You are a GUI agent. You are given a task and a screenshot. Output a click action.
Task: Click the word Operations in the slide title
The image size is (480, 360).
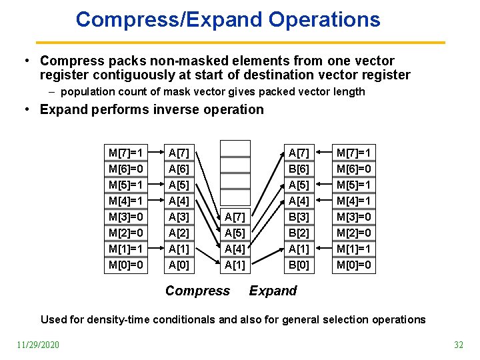[x=324, y=19]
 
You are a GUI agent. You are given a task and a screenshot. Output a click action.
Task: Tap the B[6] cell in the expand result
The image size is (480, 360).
[x=298, y=169]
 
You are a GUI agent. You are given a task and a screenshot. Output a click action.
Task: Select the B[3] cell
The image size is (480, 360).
[x=298, y=217]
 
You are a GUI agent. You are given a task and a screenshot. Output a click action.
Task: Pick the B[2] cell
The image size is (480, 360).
[x=298, y=233]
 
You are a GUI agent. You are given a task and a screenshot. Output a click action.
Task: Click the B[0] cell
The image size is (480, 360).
[x=298, y=265]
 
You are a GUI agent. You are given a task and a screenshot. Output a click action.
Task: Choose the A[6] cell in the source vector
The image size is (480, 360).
[x=179, y=169]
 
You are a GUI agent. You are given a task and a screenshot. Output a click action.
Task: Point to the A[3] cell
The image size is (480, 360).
[x=179, y=217]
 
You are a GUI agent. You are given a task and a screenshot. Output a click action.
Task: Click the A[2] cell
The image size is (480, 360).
[x=179, y=233]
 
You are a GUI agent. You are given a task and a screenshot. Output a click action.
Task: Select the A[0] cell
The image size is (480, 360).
[x=179, y=265]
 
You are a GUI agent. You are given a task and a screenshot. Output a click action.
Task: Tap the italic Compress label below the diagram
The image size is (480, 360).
[x=197, y=291]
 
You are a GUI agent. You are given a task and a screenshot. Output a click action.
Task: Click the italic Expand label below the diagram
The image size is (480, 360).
[x=273, y=291]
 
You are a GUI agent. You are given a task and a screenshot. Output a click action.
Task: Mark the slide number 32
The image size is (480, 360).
[x=458, y=345]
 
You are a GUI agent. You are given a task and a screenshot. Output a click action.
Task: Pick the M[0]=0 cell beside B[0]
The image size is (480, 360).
[x=354, y=265]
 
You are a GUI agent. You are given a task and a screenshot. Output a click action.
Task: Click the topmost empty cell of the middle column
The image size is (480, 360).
[x=235, y=148]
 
